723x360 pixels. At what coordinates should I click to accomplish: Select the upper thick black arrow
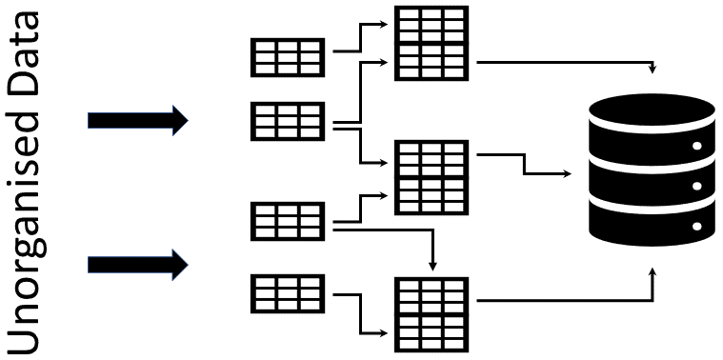(x=138, y=120)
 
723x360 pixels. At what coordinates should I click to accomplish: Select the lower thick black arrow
(x=138, y=263)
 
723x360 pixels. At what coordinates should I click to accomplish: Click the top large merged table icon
(x=432, y=43)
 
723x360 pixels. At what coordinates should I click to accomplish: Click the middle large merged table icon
(x=432, y=177)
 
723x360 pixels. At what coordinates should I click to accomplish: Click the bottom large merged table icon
(x=432, y=314)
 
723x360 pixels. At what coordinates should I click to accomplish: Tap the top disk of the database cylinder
(x=653, y=120)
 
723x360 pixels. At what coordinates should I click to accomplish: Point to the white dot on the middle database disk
(x=696, y=186)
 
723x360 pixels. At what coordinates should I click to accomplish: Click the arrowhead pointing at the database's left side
(x=568, y=174)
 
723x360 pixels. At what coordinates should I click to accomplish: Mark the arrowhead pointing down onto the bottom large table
(x=432, y=266)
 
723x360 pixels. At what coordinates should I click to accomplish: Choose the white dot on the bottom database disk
(x=696, y=227)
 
